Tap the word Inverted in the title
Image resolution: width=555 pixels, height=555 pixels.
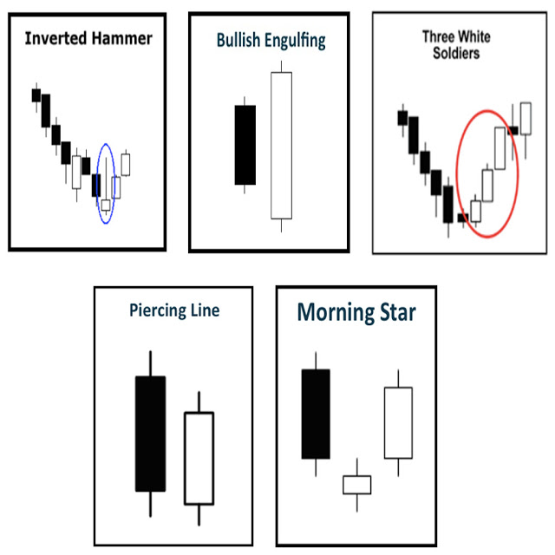[55, 38]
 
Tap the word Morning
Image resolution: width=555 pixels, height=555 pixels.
[334, 312]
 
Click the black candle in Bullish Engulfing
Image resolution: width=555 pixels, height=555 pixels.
[245, 145]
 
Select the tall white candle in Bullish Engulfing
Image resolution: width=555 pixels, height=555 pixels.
[281, 145]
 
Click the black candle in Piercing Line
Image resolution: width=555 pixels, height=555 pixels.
[150, 434]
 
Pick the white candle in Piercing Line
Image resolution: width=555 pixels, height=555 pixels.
[199, 457]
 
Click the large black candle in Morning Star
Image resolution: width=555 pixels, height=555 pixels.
[316, 414]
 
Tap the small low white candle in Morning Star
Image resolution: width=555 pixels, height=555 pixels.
[356, 484]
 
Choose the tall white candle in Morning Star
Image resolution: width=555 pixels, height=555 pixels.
[398, 422]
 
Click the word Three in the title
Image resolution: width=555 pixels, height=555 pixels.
[437, 36]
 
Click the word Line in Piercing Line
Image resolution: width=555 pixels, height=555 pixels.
[204, 310]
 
